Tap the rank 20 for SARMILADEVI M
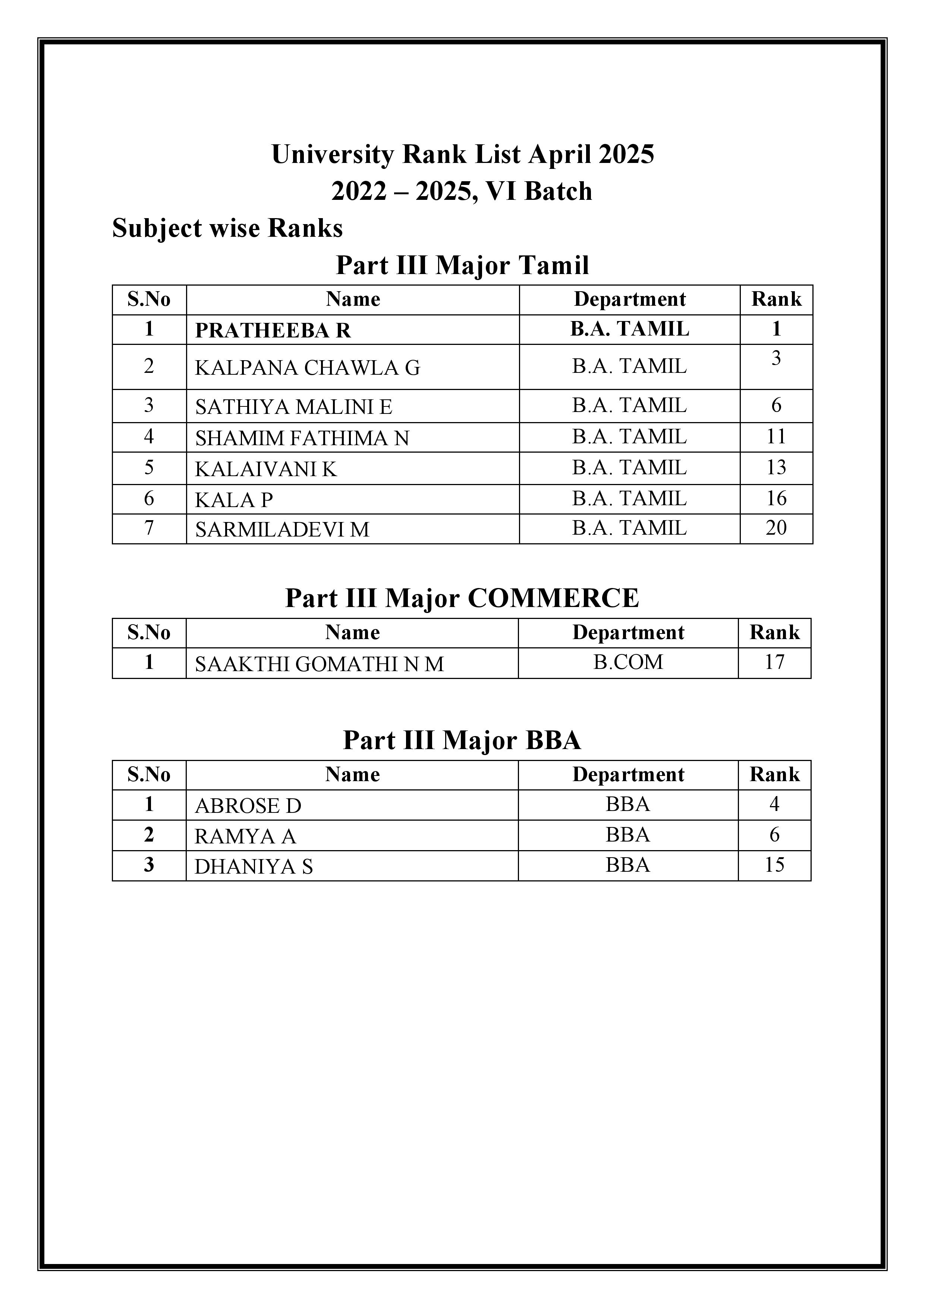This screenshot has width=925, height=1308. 776,528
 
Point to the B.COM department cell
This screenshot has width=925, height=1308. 628,662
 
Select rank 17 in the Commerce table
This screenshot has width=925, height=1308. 774,662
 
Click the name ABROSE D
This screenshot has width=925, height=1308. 248,805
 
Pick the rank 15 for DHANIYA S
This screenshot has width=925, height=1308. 774,865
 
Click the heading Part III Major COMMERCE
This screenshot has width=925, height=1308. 462,598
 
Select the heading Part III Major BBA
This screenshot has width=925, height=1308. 462,741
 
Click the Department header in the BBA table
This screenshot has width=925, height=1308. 628,775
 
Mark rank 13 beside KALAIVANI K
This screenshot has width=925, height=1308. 776,468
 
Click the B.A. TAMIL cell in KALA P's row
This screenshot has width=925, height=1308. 629,499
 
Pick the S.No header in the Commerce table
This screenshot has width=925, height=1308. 149,633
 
